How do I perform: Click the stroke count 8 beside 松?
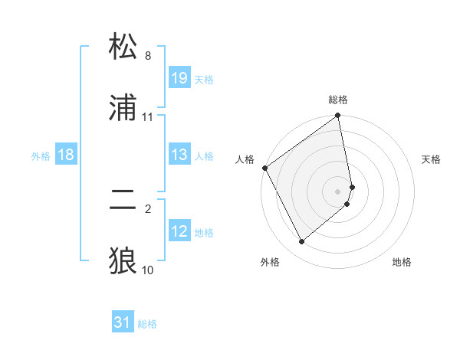(147, 56)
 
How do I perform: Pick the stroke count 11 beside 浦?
(147, 117)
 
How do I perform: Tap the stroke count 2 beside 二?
(147, 208)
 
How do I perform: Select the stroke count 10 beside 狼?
(147, 270)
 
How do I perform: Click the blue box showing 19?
(179, 78)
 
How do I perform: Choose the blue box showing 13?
(179, 155)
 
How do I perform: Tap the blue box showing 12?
(179, 231)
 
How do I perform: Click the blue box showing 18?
(66, 155)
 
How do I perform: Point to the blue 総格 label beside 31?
(147, 324)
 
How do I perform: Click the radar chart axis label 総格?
(338, 100)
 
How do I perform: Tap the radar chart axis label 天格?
(432, 159)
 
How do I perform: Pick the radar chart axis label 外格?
(269, 262)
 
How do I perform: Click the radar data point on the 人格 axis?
(265, 168)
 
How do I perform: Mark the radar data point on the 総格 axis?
(338, 117)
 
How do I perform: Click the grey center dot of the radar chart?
(338, 191)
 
